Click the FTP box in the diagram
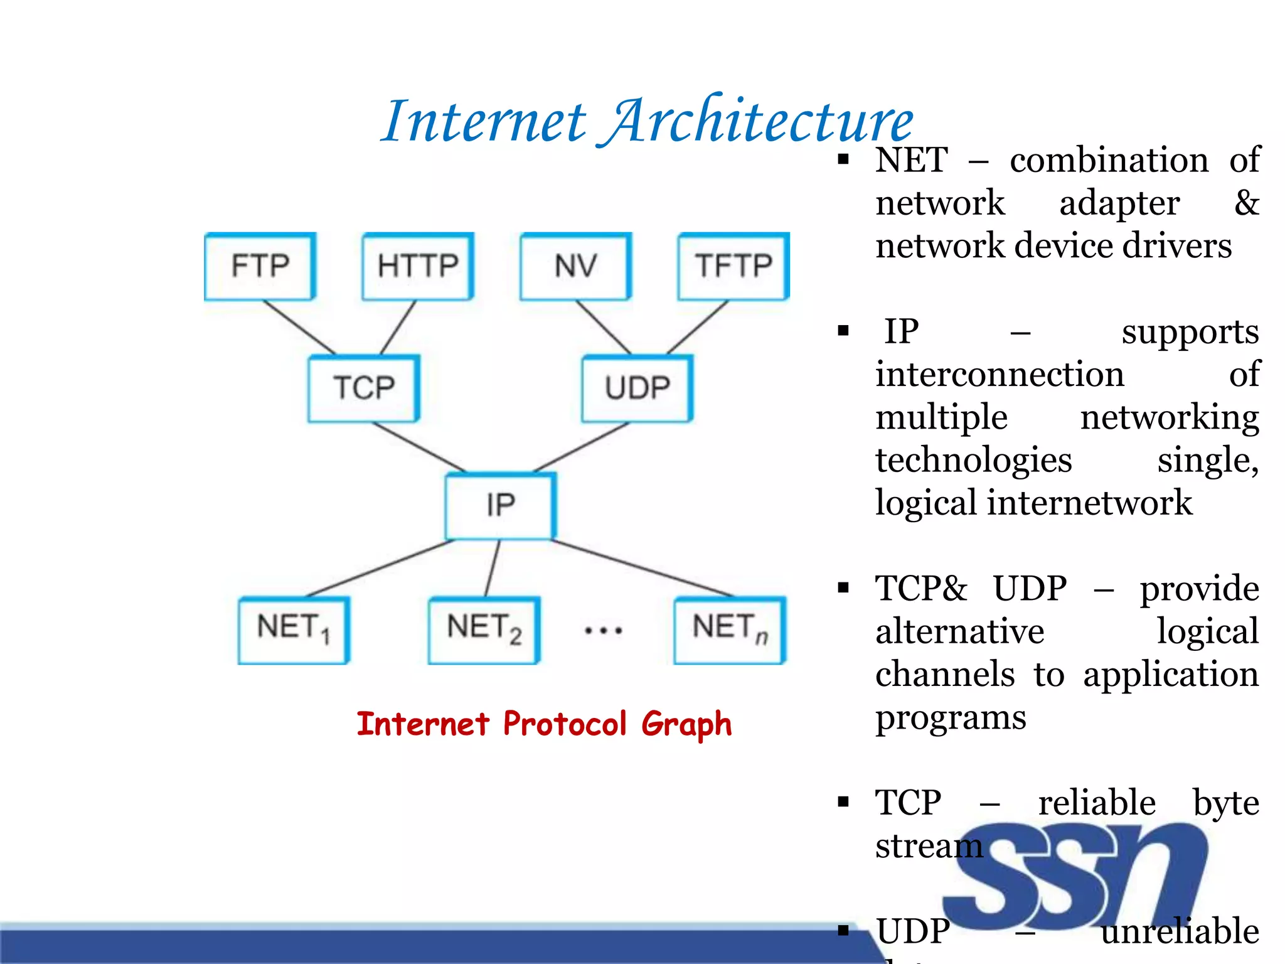(260, 266)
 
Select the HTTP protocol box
(418, 266)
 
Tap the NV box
(576, 266)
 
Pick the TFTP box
(733, 266)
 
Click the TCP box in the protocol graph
(364, 388)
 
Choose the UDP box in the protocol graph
(637, 388)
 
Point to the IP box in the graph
(501, 505)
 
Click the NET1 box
(294, 629)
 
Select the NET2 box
(484, 629)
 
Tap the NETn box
(730, 629)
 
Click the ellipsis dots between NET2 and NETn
(604, 630)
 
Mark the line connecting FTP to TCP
(300, 327)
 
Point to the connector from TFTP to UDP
(697, 327)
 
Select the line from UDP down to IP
(580, 447)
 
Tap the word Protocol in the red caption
(565, 724)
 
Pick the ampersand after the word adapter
(1246, 203)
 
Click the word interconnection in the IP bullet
(1000, 375)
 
